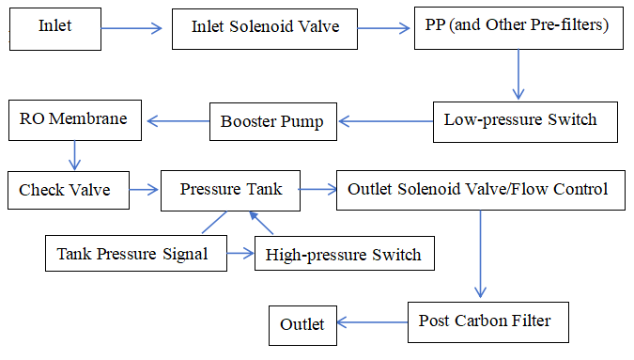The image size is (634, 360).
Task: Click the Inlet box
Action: (54, 27)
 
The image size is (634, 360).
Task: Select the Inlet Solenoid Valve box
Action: (265, 28)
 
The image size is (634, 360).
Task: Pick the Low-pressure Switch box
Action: (527, 120)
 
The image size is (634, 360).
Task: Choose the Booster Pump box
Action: (272, 120)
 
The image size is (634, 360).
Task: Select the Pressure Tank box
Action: (230, 190)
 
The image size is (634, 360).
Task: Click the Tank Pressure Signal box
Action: (136, 254)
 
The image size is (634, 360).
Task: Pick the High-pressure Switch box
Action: (344, 254)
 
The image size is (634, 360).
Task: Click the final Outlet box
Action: (302, 324)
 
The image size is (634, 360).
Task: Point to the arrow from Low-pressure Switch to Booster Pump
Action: (385, 120)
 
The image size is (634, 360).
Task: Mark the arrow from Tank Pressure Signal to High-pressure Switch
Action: (240, 254)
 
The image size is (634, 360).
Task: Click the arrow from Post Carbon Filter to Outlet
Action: (371, 323)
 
